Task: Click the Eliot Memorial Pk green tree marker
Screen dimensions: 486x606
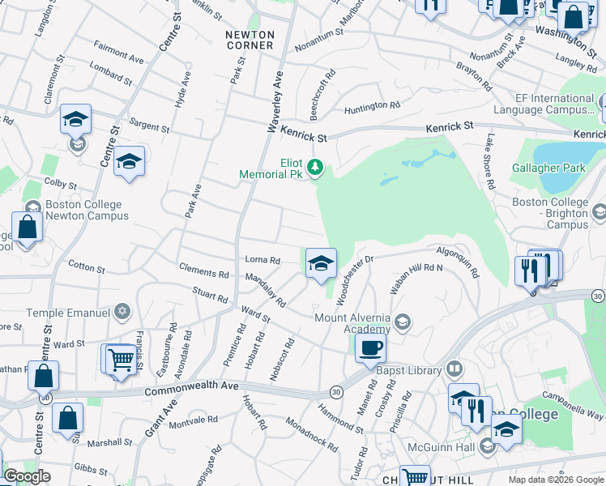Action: tap(316, 168)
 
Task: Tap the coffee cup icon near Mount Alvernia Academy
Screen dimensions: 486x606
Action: tap(370, 348)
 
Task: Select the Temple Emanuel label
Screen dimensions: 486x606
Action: tap(67, 312)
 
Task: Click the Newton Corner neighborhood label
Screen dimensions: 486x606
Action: tap(250, 40)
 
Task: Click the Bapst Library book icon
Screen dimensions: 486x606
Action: tap(454, 370)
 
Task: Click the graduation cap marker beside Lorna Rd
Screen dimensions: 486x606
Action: tap(321, 262)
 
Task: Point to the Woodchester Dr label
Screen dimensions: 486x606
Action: tap(355, 279)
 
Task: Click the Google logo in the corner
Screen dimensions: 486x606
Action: tap(27, 476)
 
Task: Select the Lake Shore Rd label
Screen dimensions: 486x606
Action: tap(490, 161)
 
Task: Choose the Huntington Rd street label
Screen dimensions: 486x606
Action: tap(372, 106)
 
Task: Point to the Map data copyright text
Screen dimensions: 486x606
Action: tap(555, 480)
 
